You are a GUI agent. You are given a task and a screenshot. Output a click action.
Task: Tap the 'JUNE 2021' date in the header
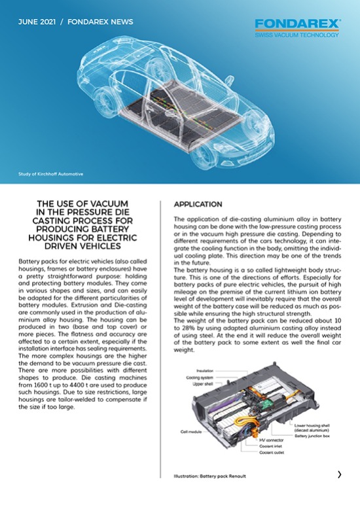click(x=37, y=22)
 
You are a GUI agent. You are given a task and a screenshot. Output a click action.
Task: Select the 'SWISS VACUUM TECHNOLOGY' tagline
click(x=297, y=35)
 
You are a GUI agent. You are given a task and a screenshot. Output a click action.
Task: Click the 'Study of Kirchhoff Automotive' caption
click(x=50, y=174)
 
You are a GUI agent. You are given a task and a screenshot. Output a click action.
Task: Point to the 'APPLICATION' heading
click(x=198, y=204)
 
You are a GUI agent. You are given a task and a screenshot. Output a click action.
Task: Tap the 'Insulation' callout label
click(x=205, y=370)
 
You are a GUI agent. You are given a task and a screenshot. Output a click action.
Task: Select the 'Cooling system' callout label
click(x=200, y=377)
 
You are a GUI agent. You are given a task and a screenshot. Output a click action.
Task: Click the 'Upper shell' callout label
click(x=203, y=384)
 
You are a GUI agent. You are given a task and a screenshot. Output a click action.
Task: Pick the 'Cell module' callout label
click(x=191, y=432)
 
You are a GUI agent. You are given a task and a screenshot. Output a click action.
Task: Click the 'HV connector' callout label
click(x=271, y=440)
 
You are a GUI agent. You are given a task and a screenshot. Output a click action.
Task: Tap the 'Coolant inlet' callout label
click(x=270, y=446)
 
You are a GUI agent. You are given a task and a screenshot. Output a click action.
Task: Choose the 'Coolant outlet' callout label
click(x=272, y=453)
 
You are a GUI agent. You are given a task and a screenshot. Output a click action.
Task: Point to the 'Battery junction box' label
click(x=312, y=436)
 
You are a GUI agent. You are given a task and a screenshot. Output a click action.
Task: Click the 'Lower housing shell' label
click(x=312, y=425)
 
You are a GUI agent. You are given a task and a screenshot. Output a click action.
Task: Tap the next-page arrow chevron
click(x=340, y=474)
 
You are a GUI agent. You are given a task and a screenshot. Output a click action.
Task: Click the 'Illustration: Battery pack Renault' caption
click(x=210, y=476)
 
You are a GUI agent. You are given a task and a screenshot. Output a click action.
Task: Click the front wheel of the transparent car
click(x=204, y=156)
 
